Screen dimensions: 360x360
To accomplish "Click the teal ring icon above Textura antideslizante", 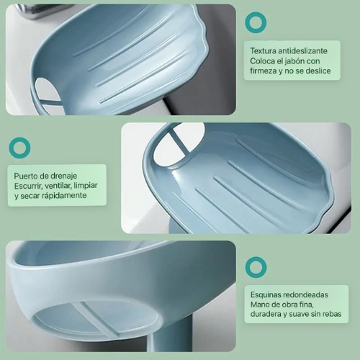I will pos(255,22).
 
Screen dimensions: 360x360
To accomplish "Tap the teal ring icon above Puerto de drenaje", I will pos(19,148).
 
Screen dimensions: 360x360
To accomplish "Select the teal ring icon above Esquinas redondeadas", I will pos(256,267).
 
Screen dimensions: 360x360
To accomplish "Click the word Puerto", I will pos(28,176).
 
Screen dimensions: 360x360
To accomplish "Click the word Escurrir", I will pos(32,186).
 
